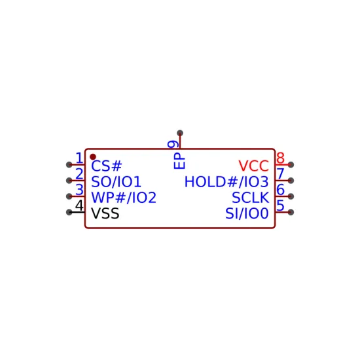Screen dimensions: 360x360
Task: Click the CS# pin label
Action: [x=106, y=166]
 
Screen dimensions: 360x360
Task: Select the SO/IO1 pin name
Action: [x=116, y=181]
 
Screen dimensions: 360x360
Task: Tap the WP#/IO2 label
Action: [x=124, y=198]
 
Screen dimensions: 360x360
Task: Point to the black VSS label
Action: [x=105, y=213]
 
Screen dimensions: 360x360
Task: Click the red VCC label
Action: [x=254, y=166]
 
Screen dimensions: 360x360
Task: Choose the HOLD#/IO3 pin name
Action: [x=226, y=181]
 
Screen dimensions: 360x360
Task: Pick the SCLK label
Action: [x=251, y=198]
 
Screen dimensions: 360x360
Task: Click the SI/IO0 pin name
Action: [x=247, y=213]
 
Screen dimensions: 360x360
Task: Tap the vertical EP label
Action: [x=179, y=161]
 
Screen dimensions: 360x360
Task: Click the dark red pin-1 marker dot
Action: [x=93, y=157]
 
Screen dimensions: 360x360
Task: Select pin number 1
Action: [x=79, y=158]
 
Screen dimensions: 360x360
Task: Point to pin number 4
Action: [x=79, y=206]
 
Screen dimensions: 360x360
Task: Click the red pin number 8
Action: [x=280, y=158]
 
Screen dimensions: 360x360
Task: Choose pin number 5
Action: [x=280, y=206]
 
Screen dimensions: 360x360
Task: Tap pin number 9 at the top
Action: [x=173, y=144]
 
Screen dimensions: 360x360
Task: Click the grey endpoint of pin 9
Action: [x=180, y=133]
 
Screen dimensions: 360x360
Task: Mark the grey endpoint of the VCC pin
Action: [x=291, y=164]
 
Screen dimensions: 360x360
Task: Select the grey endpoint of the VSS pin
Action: [x=69, y=212]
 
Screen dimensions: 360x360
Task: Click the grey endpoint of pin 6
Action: [x=291, y=196]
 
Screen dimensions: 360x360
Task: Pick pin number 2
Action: [x=79, y=174]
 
